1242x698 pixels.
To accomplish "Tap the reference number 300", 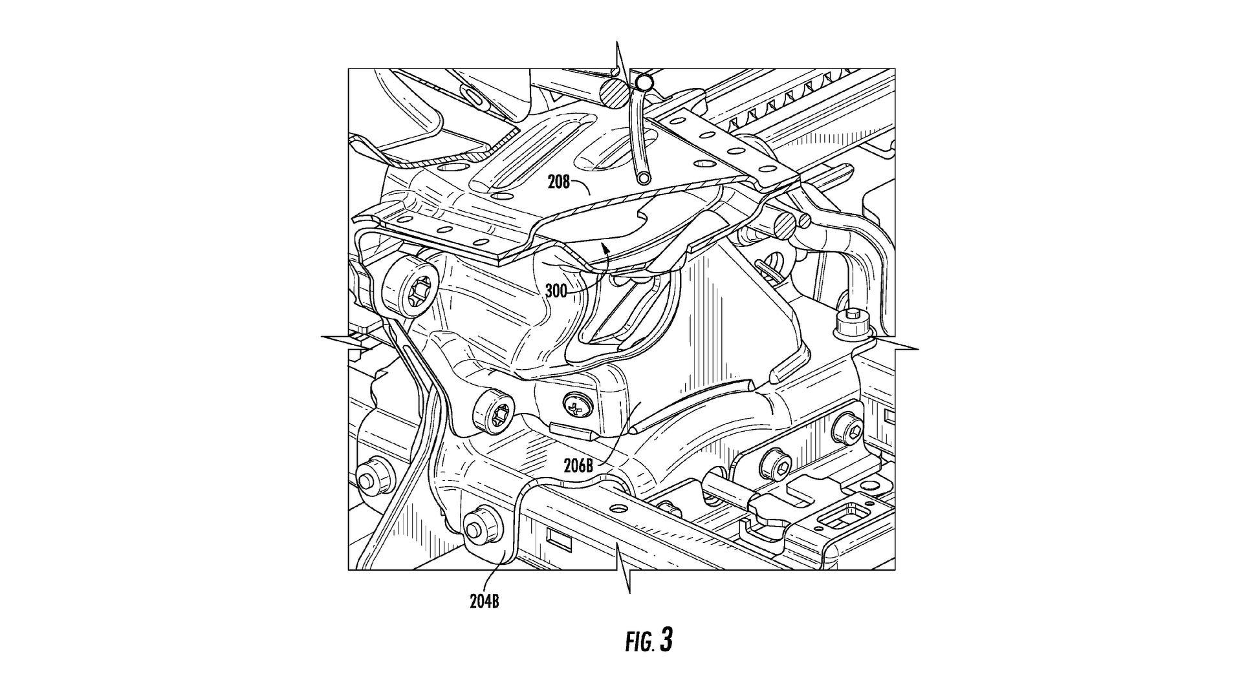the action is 556,291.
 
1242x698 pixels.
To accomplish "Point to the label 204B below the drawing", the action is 485,602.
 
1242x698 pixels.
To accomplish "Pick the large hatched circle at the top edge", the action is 613,94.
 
